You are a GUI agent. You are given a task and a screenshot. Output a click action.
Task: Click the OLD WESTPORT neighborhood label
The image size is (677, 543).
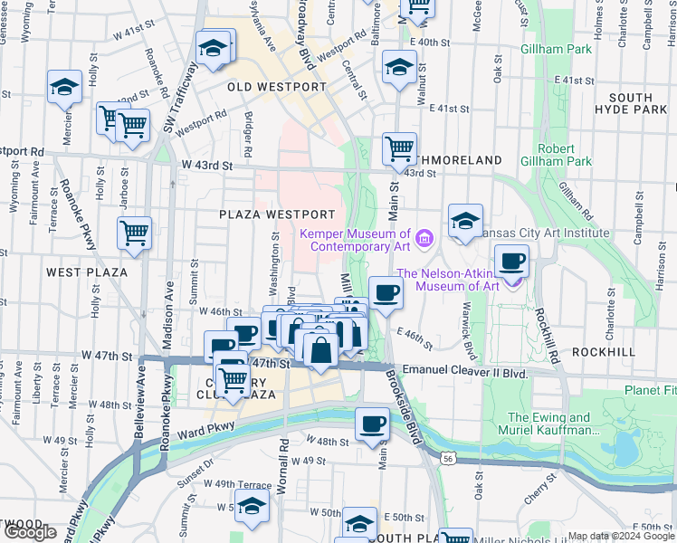[x=276, y=87]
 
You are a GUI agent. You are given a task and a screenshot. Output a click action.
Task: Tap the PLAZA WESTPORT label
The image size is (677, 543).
[x=271, y=214]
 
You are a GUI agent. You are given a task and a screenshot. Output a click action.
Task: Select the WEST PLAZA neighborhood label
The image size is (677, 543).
[x=87, y=271]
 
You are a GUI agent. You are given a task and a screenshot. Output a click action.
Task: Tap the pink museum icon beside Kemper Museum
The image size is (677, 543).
[x=426, y=239]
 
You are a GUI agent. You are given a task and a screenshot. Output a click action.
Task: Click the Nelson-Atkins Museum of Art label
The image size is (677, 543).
[x=447, y=280]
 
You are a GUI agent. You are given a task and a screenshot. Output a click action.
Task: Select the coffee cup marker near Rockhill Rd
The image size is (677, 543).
[x=512, y=262]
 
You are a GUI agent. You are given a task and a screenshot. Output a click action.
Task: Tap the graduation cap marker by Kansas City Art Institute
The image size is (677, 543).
[x=465, y=221]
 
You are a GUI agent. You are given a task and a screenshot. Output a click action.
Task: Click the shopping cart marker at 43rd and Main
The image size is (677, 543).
[x=399, y=148]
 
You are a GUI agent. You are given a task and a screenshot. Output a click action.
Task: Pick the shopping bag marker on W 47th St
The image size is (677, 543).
[x=320, y=348]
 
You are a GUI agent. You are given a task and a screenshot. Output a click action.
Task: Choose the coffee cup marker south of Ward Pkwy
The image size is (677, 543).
[x=371, y=424]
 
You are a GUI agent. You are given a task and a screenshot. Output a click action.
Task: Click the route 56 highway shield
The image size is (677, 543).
[x=448, y=460]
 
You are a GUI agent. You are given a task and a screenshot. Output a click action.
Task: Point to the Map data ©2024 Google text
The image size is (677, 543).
[x=621, y=537]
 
